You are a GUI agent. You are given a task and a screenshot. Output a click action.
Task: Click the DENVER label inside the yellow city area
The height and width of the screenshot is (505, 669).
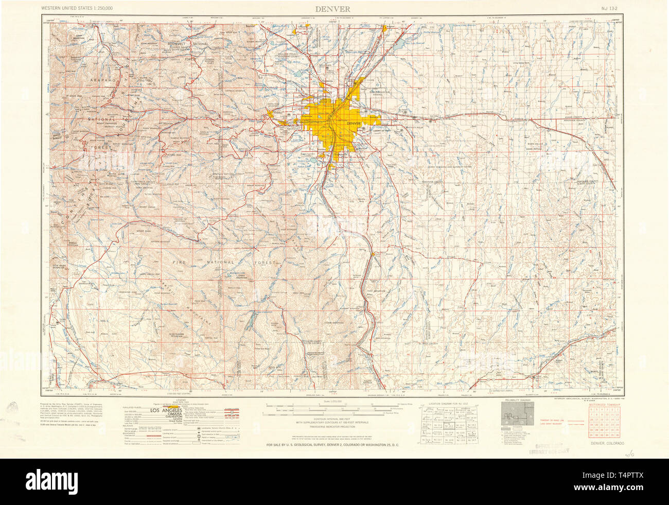coord(354,124)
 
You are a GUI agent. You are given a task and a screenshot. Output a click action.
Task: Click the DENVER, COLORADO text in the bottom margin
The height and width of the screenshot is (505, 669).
coord(607,443)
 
